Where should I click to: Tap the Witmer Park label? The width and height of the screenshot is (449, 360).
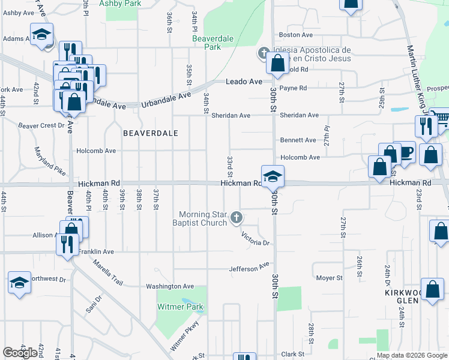coord(180,307)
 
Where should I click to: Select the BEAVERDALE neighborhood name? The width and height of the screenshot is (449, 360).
coord(151,133)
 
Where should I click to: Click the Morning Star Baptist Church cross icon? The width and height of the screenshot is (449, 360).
coord(237,217)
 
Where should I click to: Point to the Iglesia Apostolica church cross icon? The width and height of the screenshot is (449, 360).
coord(263,53)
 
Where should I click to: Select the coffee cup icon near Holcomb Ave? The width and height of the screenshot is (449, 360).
coord(405,151)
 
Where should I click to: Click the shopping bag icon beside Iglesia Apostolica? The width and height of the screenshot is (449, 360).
coord(279,63)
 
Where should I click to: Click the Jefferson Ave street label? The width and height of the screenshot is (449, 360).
coord(249,267)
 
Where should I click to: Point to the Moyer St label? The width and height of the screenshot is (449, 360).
coord(330,278)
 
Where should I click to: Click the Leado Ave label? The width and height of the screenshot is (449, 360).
coord(244,82)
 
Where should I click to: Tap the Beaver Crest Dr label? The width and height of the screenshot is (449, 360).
coord(41,125)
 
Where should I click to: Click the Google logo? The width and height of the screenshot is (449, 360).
coord(20,353)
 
